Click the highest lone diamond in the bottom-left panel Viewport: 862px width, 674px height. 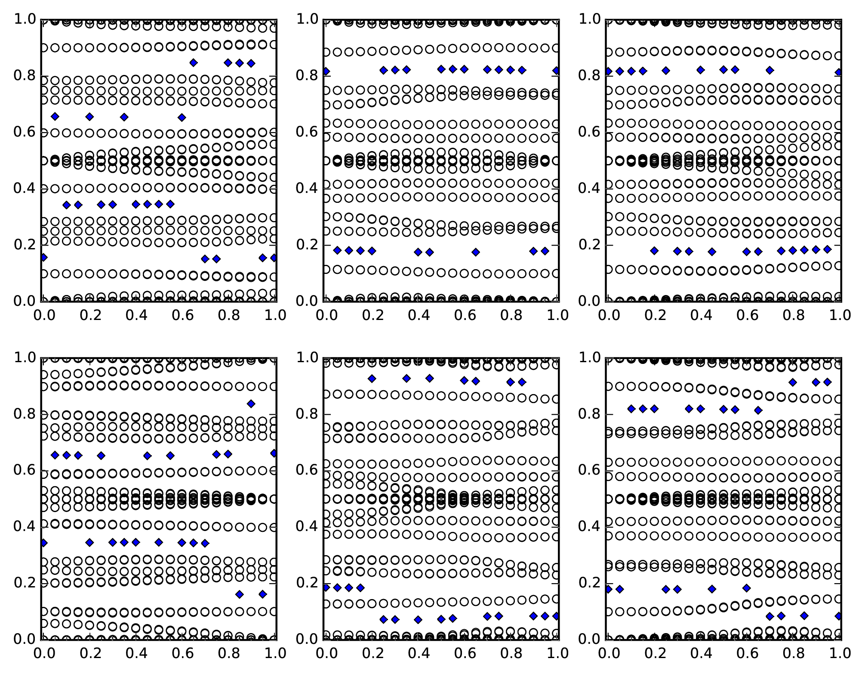click(x=251, y=404)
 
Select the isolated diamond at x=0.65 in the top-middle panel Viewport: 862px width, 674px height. click(x=476, y=252)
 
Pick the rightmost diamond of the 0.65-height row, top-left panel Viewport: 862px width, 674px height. click(x=182, y=117)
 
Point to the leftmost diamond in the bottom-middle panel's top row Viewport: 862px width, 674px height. click(x=372, y=379)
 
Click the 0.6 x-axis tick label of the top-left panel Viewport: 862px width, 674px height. click(x=182, y=316)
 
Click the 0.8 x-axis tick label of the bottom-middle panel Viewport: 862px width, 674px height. click(x=511, y=653)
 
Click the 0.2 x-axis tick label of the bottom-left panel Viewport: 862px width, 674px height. click(x=89, y=653)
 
